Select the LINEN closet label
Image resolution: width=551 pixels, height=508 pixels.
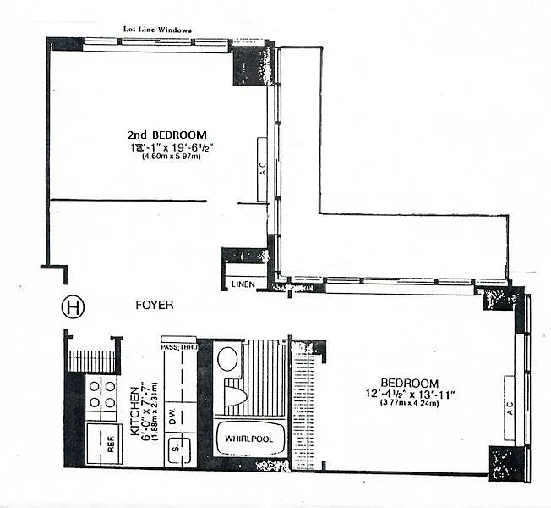click(243, 284)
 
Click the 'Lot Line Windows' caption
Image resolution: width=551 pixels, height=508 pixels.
click(158, 30)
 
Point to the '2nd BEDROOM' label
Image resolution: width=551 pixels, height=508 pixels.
click(167, 135)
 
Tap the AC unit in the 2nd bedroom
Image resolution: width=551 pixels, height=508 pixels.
click(263, 168)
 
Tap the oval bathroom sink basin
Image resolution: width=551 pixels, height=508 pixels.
click(227, 358)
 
